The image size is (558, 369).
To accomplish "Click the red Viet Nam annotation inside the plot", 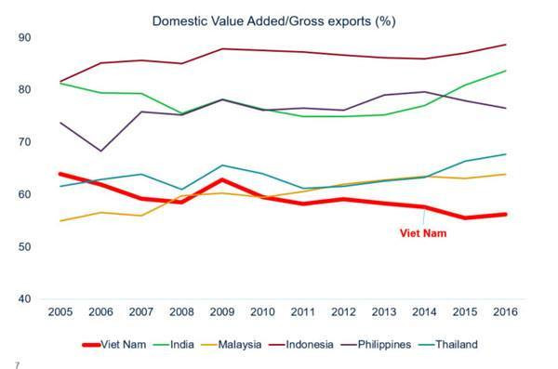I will coord(422,232).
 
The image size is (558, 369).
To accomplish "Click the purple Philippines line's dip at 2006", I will coord(100,151).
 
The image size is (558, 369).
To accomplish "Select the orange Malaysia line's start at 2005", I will coord(60,221).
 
